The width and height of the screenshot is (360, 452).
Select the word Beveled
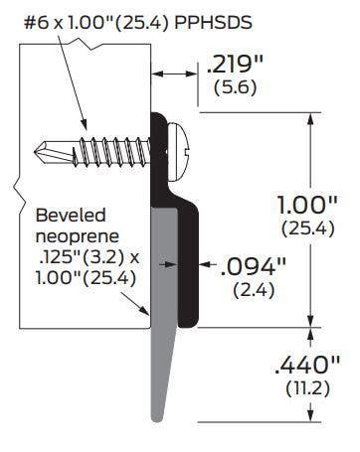click(72, 215)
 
